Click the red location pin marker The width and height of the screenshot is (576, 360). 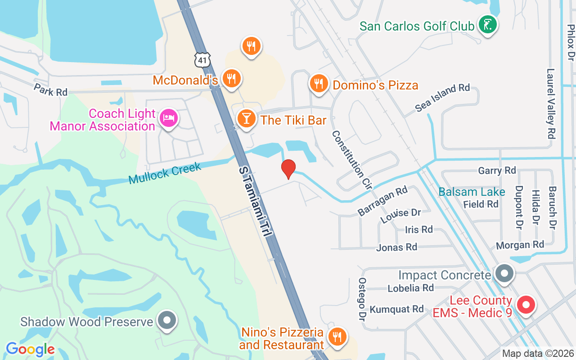pyautogui.click(x=288, y=169)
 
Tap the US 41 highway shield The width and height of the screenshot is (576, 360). pyautogui.click(x=202, y=59)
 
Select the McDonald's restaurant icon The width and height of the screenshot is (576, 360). pyautogui.click(x=232, y=79)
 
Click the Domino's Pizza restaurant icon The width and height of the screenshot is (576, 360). pyautogui.click(x=319, y=83)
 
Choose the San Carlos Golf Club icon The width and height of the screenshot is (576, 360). pyautogui.click(x=487, y=24)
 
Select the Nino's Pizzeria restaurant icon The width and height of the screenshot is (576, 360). pyautogui.click(x=336, y=336)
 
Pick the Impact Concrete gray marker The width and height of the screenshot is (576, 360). pyautogui.click(x=504, y=273)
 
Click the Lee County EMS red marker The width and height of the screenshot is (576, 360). pyautogui.click(x=525, y=305)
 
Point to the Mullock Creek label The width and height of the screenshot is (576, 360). pyautogui.click(x=165, y=174)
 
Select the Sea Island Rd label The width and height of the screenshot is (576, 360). pyautogui.click(x=442, y=97)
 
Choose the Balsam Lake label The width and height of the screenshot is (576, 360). pyautogui.click(x=472, y=192)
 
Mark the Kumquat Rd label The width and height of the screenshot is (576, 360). pyautogui.click(x=396, y=309)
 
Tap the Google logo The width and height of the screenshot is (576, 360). pyautogui.click(x=30, y=349)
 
